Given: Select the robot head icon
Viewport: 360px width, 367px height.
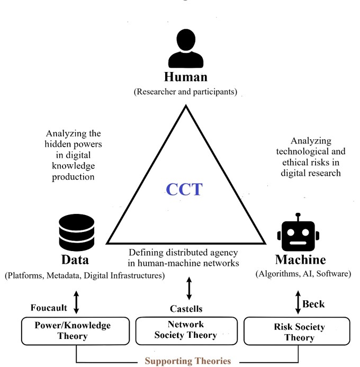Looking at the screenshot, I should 298,234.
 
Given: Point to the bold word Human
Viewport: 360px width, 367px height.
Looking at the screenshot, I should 185,77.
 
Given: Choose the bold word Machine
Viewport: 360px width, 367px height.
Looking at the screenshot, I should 300,260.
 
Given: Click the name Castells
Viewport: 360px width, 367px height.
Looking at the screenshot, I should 187,308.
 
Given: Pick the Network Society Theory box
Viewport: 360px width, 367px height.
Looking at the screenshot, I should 185,331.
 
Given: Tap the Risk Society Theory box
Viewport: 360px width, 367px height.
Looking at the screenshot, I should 299,332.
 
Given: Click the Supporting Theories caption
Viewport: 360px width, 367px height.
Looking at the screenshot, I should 188,361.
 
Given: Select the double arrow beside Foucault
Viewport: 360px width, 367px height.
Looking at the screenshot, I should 77,301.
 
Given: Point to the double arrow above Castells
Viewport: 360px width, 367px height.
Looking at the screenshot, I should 189,289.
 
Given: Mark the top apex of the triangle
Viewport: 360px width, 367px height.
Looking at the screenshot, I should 185,106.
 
